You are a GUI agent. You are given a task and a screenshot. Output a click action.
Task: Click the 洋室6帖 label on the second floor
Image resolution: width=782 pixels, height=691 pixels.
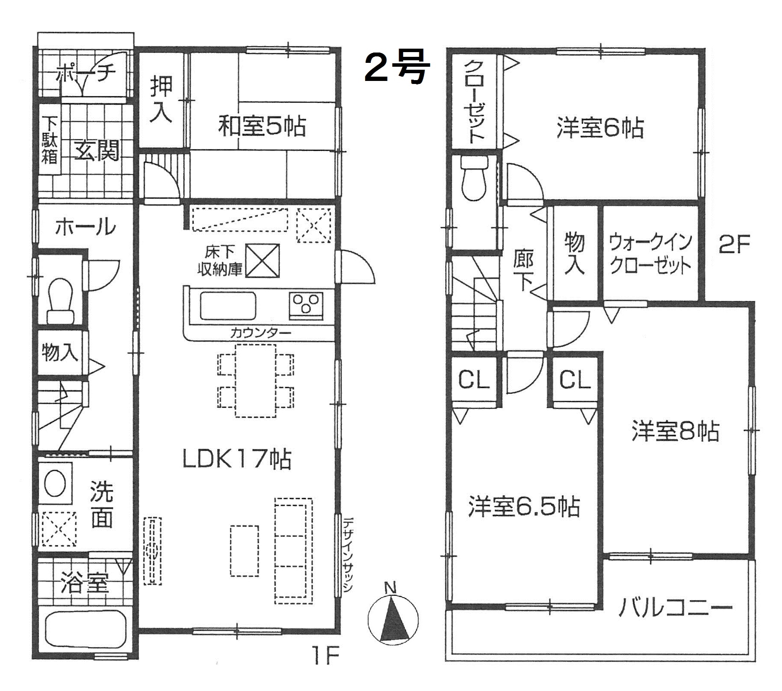coord(600,128)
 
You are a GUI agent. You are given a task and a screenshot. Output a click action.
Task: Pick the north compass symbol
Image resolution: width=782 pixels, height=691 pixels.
coord(393,619)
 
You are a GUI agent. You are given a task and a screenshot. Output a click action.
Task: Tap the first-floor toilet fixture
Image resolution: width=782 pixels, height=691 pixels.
coord(61,301)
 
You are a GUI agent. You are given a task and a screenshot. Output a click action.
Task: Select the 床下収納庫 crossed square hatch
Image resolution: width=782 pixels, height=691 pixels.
coord(262,260)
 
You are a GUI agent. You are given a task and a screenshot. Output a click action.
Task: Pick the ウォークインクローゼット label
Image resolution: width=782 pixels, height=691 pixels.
coord(651,254)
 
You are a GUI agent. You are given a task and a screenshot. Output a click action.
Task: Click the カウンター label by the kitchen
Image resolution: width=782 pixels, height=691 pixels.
coord(261,332)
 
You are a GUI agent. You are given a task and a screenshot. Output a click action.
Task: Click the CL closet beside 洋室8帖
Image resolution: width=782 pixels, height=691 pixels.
coord(575,380)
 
